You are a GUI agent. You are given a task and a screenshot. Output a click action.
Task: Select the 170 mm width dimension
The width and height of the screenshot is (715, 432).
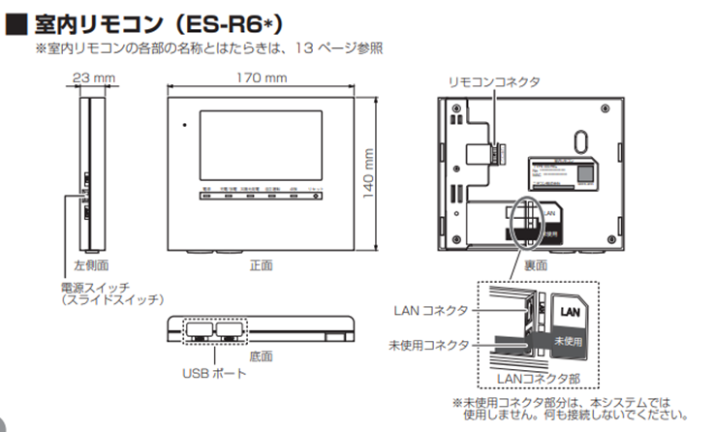[263, 77]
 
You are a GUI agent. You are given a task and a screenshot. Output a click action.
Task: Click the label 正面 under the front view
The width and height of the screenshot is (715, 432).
[261, 263]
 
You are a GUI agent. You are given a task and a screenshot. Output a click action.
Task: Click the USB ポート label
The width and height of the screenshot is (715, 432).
[209, 371]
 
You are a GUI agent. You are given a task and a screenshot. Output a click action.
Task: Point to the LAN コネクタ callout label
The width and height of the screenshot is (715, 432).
[431, 310]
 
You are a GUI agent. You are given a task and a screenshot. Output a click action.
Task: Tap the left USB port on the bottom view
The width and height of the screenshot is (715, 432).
[198, 330]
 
